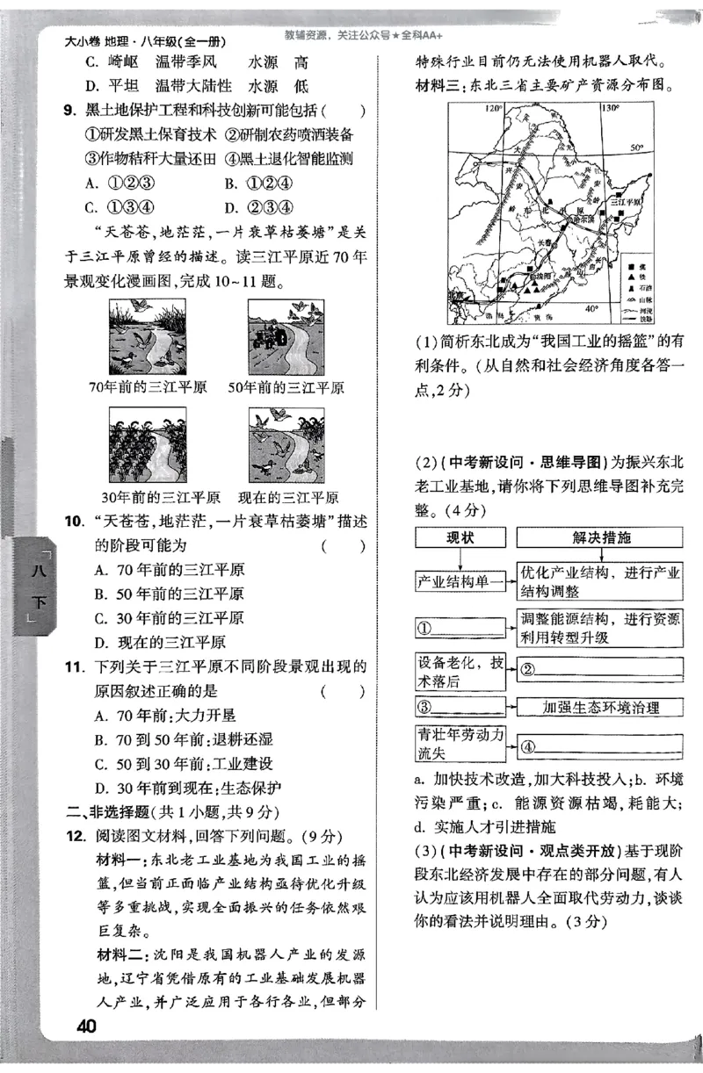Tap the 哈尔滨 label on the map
coord(580,218)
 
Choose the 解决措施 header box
coord(600,537)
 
